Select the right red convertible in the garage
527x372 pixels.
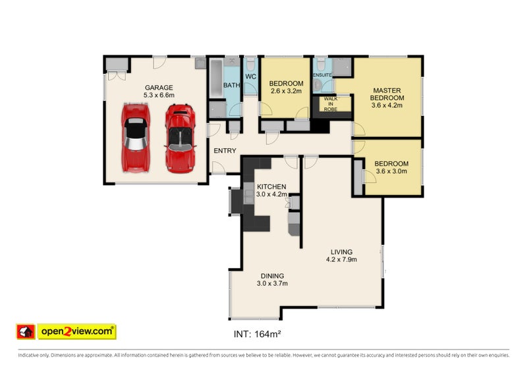pos(179,138)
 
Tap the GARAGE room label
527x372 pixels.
pos(159,88)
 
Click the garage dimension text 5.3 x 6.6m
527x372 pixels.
pos(159,95)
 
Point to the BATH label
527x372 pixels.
pos(231,86)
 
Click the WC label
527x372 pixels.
pos(250,77)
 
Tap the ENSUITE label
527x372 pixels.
pos(322,75)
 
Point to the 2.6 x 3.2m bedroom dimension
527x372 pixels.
pos(285,92)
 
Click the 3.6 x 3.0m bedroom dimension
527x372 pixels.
pos(391,171)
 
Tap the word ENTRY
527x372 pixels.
pos(225,151)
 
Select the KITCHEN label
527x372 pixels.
pos(271,186)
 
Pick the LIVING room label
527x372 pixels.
pos(341,252)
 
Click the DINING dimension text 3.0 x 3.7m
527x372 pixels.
pos(272,284)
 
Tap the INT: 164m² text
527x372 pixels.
pos(257,334)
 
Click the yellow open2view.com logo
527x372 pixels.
pos(76,331)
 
